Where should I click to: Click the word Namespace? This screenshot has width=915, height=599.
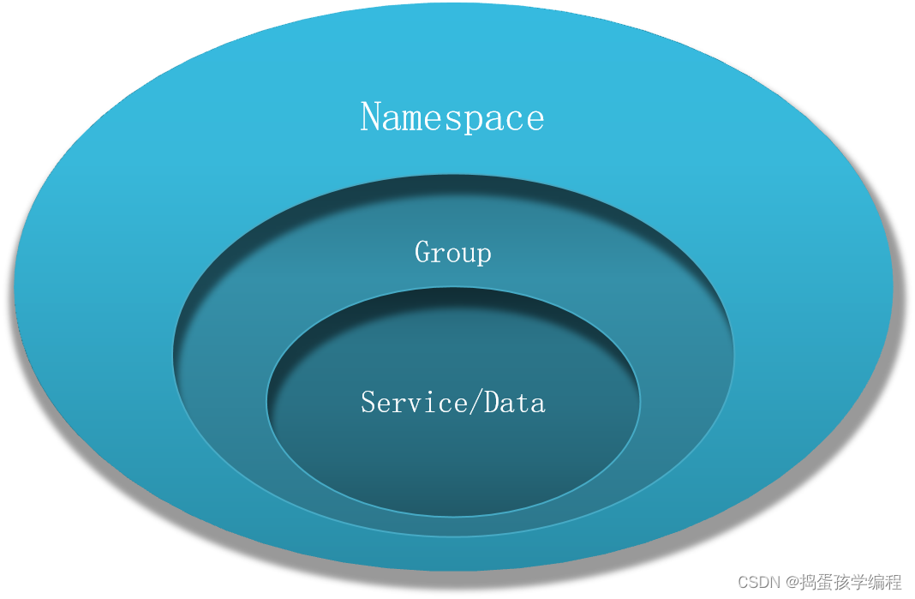click(x=452, y=117)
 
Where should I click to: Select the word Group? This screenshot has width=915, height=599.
click(x=453, y=253)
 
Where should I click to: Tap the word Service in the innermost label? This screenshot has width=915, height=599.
click(x=414, y=402)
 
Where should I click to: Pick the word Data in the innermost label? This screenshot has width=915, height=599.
click(x=514, y=402)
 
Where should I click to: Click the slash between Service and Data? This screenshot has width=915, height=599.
click(x=475, y=402)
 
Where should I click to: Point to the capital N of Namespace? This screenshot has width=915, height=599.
click(x=371, y=116)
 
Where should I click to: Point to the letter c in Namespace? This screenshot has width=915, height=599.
click(x=509, y=120)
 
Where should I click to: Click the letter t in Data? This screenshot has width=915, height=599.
click(x=523, y=404)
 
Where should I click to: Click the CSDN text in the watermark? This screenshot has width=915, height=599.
click(x=759, y=582)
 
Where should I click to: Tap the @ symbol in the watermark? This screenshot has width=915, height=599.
click(x=792, y=582)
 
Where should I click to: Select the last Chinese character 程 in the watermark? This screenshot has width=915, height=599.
click(x=894, y=582)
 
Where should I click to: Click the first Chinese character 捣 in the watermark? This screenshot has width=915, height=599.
click(x=809, y=582)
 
